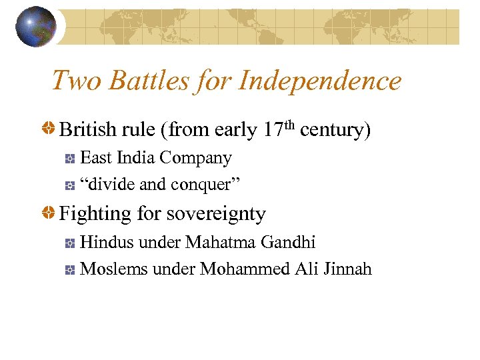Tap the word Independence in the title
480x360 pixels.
point(320,81)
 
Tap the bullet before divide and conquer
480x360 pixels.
point(69,185)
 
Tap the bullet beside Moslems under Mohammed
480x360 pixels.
point(69,270)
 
